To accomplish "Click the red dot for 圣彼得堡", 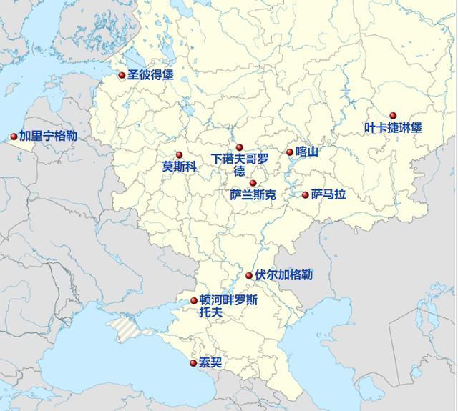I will point(122,75).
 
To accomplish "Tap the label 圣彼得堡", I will point(150,75).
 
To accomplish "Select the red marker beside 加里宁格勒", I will point(14,137).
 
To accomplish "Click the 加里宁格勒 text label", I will point(49,136).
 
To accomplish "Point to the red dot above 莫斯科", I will point(179,155).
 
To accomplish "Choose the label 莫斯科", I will point(179,167).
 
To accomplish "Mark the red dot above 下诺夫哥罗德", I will point(240,148).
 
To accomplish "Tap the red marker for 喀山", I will point(290,152).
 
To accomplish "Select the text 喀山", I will point(306,152).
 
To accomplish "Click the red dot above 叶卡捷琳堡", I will point(393,116).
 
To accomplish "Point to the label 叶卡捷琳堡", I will point(393,128).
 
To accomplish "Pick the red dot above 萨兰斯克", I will point(253,184).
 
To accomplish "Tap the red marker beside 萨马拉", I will point(306,194).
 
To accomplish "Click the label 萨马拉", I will point(328,194).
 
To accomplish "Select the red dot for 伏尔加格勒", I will point(249,276).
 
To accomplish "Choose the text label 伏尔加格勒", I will point(283,275).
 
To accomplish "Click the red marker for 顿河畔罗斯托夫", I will point(194,301).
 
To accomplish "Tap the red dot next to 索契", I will point(193,363).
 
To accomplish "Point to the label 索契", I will point(210,363).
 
